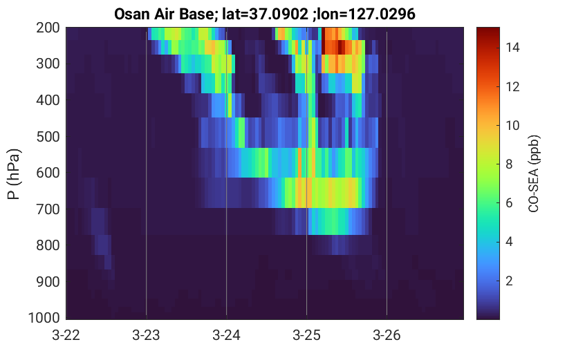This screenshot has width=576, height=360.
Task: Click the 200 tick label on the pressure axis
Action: pos(48,28)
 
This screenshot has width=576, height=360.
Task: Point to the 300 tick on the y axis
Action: pos(48,64)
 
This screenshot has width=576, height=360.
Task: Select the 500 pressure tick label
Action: pos(48,137)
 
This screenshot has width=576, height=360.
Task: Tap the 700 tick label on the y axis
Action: pos(48,209)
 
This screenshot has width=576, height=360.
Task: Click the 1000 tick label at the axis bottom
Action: pos(44,318)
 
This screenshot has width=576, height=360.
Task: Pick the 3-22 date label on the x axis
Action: pos(66,335)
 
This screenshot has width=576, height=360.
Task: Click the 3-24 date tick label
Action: pos(226,335)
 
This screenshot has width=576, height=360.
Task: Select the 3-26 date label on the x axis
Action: pos(387,335)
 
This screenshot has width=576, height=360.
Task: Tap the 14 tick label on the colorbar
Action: pos(512,48)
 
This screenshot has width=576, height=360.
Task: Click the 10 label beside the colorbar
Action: pos(512,126)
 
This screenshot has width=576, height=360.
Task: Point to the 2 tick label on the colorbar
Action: pos(509,281)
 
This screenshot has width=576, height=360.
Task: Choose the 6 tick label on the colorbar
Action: pos(509,203)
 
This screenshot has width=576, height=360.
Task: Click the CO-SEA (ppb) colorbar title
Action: pos(533,173)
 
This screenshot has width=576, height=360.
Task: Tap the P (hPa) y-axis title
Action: pos(14,174)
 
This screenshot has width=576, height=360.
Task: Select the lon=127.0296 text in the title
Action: pos(366,15)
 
